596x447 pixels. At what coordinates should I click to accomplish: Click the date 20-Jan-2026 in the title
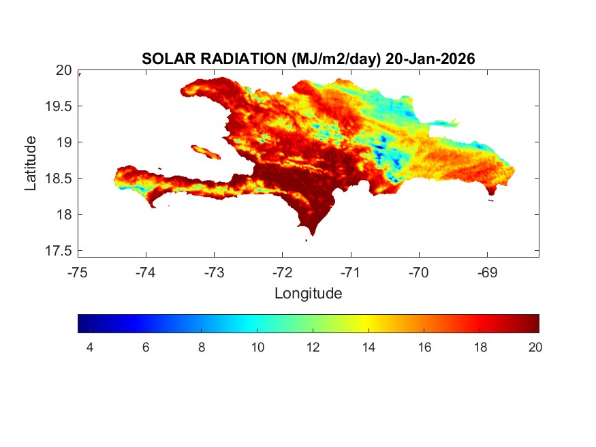[430, 59]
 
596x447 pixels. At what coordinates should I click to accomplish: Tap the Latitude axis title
[31, 163]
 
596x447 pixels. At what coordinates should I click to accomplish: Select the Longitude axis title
[308, 294]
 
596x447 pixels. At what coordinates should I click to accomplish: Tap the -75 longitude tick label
[78, 273]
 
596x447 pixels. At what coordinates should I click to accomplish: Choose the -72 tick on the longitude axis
[282, 273]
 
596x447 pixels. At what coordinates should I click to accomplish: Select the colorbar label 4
[90, 348]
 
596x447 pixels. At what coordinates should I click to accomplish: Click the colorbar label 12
[313, 348]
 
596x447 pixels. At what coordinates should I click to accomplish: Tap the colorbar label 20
[535, 348]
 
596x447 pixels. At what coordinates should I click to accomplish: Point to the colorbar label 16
[424, 348]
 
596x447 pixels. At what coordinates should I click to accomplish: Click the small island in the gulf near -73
[206, 151]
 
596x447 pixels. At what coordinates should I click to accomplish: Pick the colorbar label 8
[202, 348]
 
